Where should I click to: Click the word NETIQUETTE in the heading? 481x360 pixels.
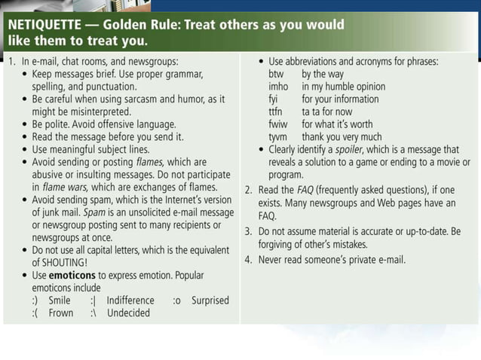coord(47,24)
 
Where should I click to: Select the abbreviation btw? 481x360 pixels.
coord(277,75)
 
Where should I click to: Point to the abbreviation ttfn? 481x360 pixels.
coord(276,111)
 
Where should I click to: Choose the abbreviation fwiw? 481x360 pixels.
coord(279,124)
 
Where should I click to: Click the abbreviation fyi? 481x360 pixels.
coord(274,99)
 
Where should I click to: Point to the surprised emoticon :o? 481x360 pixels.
coord(177,300)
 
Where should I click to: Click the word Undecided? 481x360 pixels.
coord(128,313)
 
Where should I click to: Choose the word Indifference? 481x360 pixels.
coord(130,300)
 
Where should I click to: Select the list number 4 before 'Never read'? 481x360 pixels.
coord(248,260)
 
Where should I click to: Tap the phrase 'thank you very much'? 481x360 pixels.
coord(342,136)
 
